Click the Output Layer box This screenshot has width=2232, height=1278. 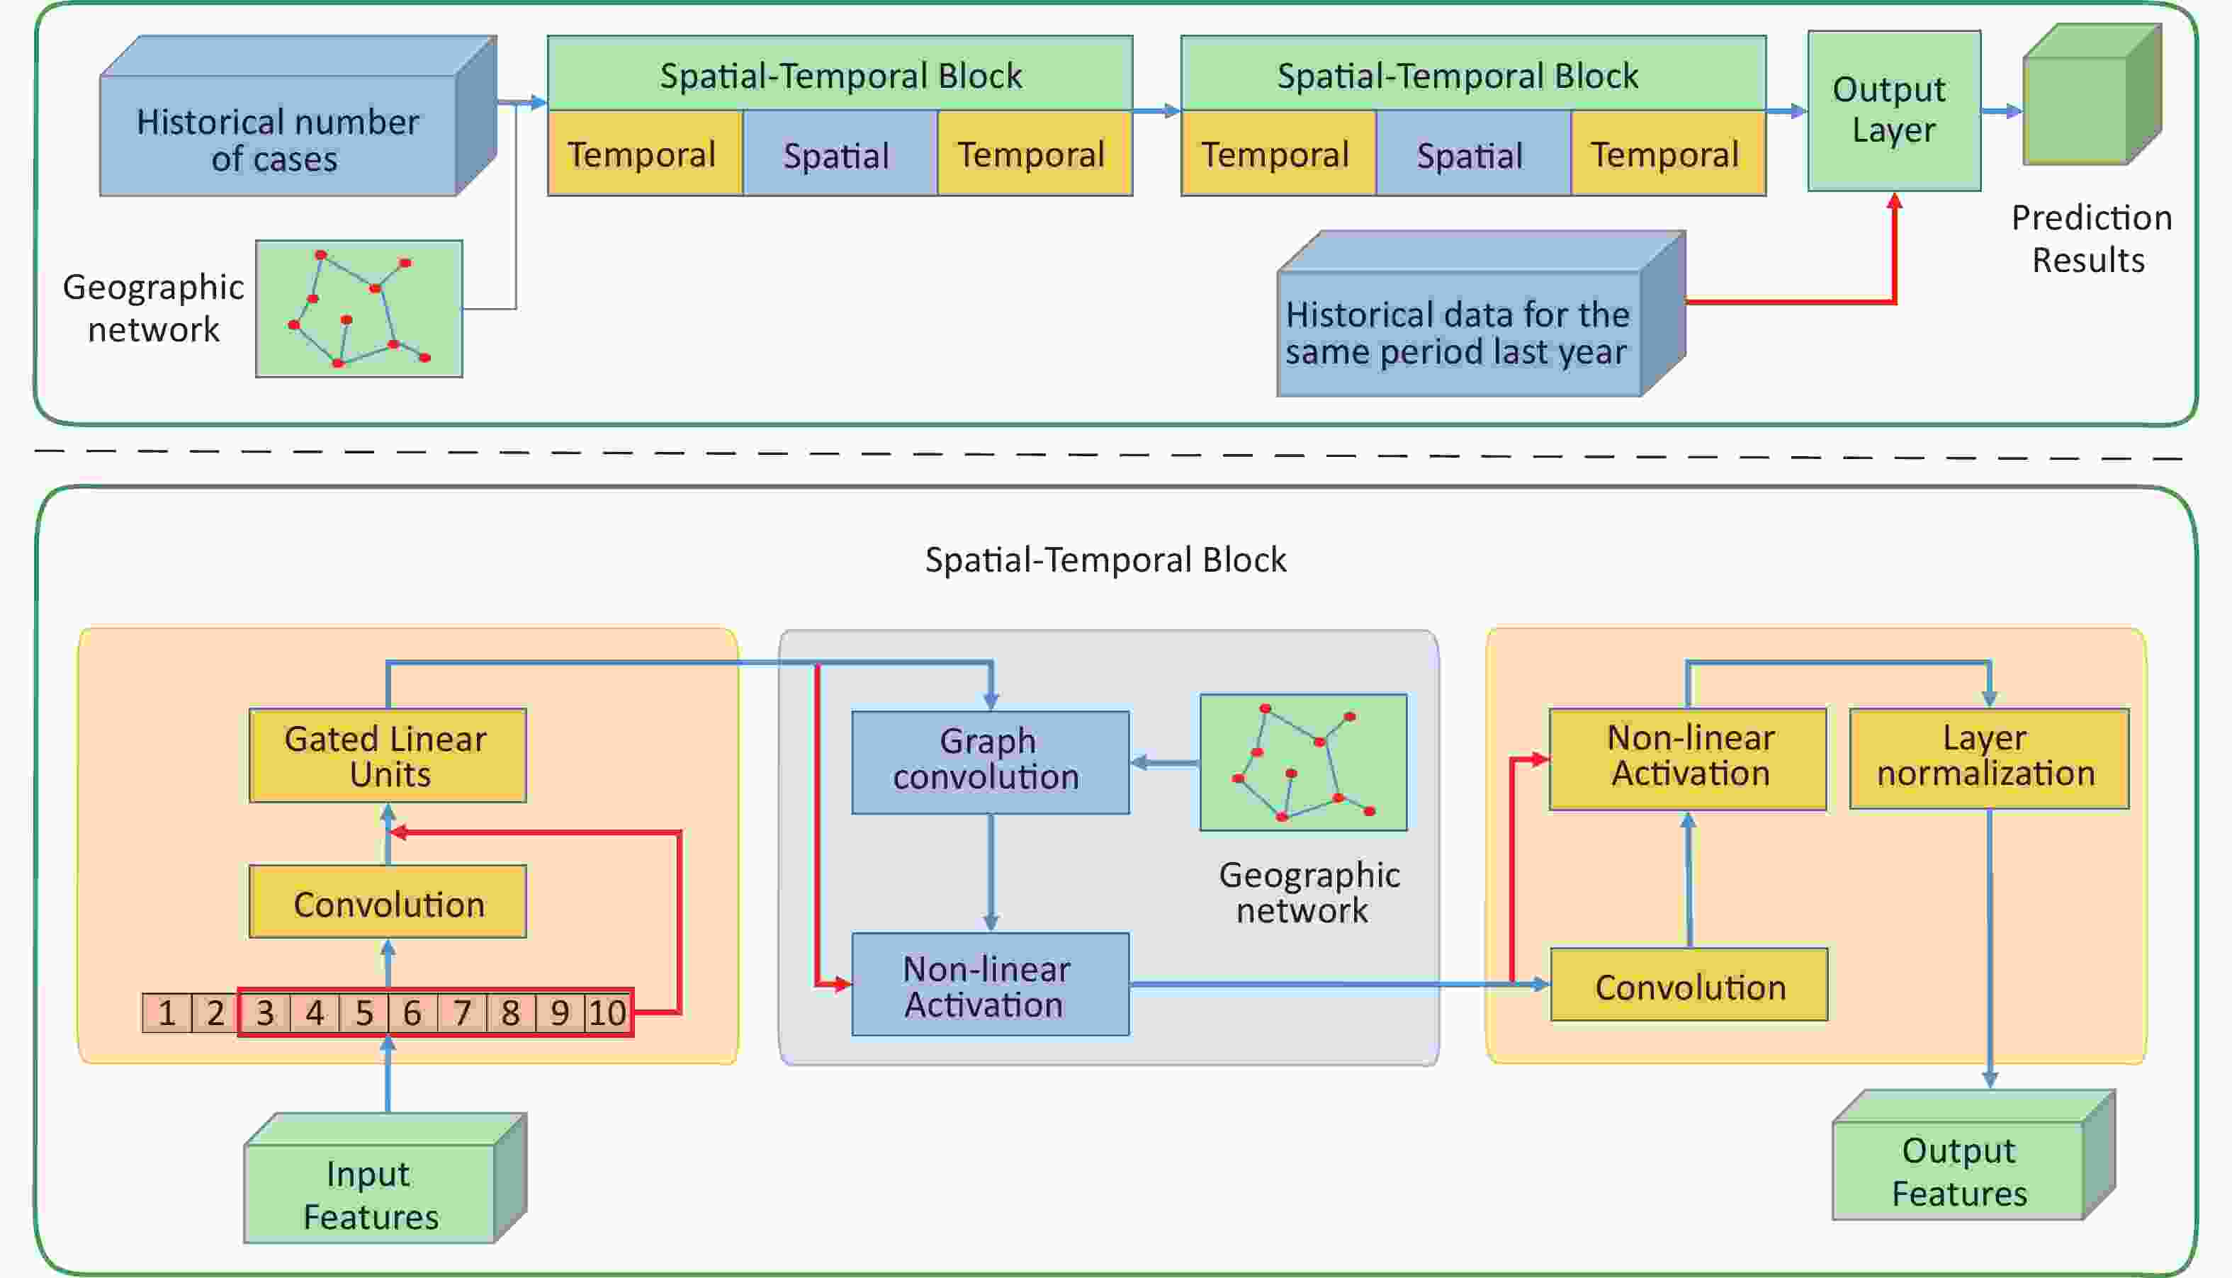tap(1893, 111)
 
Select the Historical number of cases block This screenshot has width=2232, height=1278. tap(278, 136)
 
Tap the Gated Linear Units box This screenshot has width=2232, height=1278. tap(387, 756)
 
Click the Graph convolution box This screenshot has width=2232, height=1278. tap(989, 761)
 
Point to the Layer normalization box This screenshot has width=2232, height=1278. tap(1988, 757)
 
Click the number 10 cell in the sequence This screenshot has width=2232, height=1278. tap(607, 1013)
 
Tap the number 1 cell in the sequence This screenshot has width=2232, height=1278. tap(167, 1013)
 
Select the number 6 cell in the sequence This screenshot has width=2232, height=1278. tap(412, 1013)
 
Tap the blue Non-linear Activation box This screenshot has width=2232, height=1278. tap(989, 985)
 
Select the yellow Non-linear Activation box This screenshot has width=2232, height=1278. tap(1687, 757)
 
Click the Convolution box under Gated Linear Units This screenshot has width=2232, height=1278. tap(387, 903)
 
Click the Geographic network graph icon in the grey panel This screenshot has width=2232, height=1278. tap(1302, 762)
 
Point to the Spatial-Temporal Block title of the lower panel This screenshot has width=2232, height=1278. tap(1105, 560)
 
